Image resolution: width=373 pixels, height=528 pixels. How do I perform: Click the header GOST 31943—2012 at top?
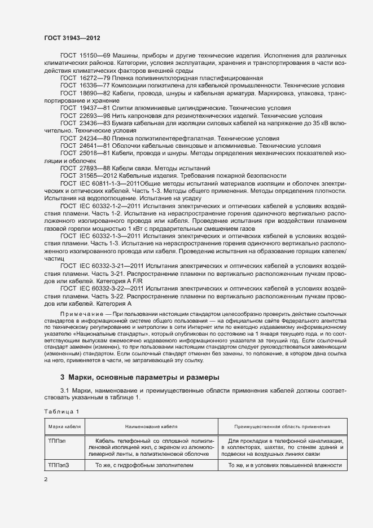(73, 37)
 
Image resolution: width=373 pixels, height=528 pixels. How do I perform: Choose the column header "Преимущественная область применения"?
(282, 427)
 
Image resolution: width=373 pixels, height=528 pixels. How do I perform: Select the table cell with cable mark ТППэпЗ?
(59, 465)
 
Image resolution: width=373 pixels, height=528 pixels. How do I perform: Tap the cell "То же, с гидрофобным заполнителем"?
(144, 465)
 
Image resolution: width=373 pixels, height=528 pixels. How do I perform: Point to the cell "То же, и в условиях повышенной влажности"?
(285, 465)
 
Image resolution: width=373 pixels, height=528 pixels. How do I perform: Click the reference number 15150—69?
(93, 56)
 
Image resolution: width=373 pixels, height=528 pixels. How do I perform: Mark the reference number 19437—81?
(93, 108)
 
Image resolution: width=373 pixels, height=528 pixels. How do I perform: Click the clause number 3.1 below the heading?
(65, 390)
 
